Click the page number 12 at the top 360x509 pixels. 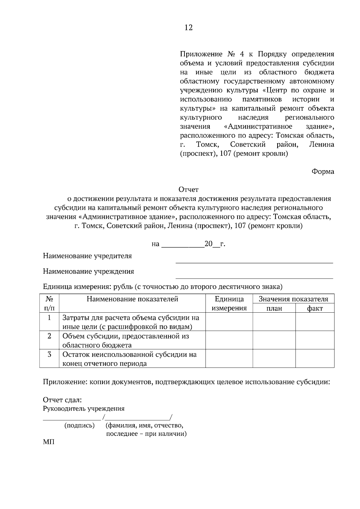point(188,28)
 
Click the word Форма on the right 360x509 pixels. point(323,172)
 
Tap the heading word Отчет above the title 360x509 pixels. point(188,190)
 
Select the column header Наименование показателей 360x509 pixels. point(132,299)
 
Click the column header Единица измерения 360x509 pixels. point(229,303)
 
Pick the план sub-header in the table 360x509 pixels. point(274,308)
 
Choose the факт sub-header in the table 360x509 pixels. point(315,308)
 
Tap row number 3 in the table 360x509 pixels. point(49,354)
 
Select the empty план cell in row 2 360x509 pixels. point(274,340)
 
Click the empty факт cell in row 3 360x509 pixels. point(315,359)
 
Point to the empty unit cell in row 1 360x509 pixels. point(229,322)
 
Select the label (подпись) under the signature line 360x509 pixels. point(79,425)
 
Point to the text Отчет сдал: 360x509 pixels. point(62,400)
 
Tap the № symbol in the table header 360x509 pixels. point(49,299)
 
